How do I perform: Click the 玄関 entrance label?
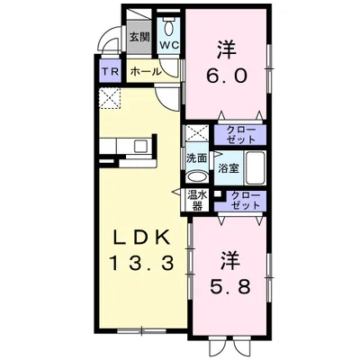tap(139, 37)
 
